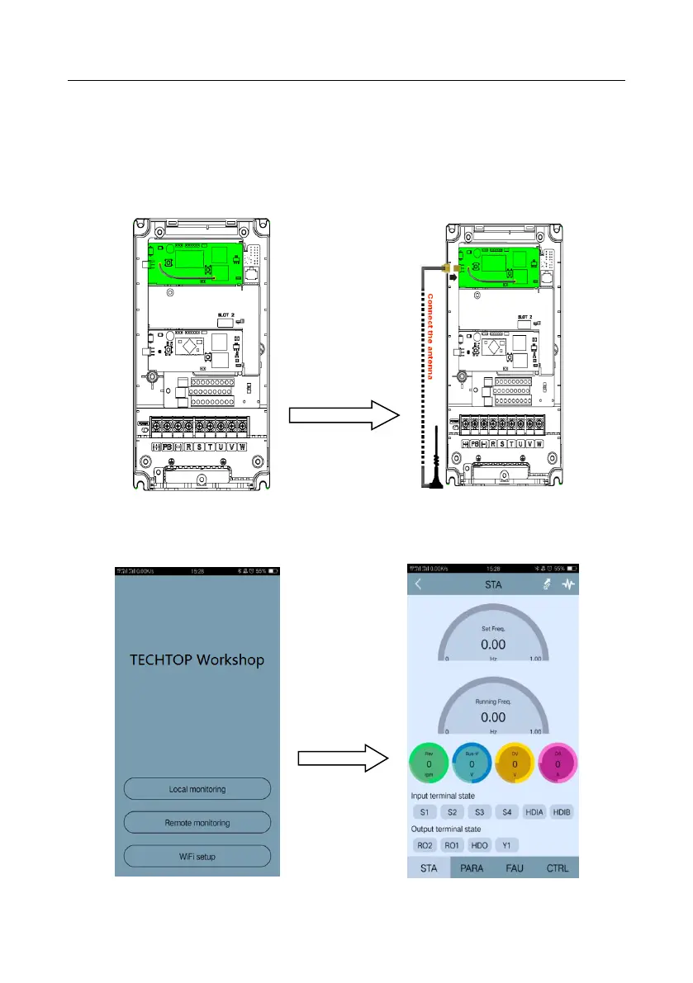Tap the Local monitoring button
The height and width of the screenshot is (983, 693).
197,789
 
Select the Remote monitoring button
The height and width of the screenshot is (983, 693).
197,823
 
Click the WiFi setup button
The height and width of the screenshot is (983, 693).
197,857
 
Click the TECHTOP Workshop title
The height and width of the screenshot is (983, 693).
197,660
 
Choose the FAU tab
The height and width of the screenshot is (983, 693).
515,868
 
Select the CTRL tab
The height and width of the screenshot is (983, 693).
558,868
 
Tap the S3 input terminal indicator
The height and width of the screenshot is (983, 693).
479,812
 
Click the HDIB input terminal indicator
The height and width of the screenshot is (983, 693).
562,812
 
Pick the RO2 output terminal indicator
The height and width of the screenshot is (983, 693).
424,845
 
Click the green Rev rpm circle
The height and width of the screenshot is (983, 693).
429,764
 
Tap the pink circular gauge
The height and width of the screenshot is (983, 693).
558,764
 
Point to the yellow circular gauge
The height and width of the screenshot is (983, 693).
515,764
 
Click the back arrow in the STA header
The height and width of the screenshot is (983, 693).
418,584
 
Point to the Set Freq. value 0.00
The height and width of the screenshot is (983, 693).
493,644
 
